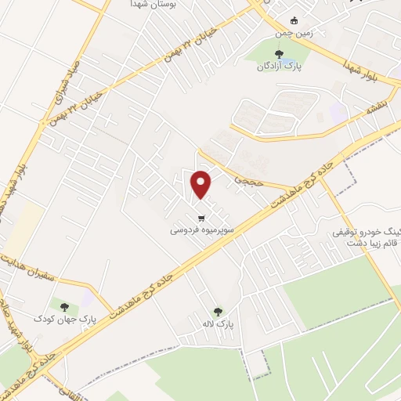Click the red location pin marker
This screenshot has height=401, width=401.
point(202,184)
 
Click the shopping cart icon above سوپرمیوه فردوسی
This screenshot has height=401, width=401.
point(202,218)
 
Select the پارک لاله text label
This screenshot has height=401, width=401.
point(225,323)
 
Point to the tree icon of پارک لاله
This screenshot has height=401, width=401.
point(218,311)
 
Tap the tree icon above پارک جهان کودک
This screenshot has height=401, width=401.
point(63,306)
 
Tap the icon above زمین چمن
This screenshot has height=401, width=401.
point(294,20)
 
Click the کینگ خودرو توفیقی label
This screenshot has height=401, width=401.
point(367,233)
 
